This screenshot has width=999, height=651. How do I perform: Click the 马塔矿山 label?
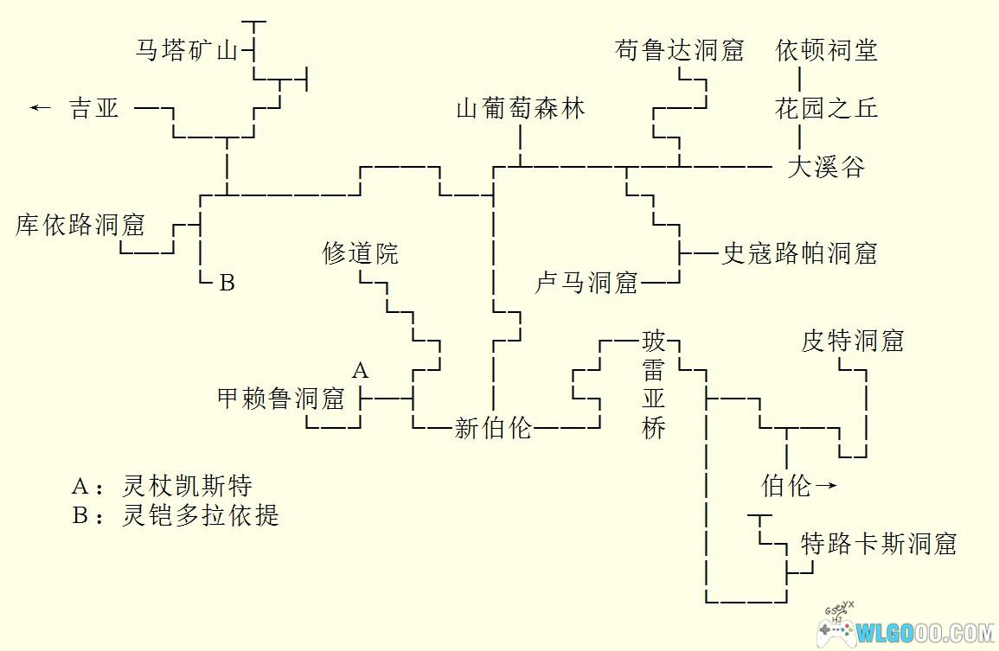[x=188, y=49]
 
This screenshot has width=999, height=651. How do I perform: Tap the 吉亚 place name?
[x=94, y=108]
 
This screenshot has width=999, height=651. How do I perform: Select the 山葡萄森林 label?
[x=522, y=108]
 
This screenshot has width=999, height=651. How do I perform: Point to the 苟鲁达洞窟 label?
[x=679, y=49]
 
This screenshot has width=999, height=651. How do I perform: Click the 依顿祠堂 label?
[x=826, y=49]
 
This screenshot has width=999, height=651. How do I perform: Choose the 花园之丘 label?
[x=826, y=108]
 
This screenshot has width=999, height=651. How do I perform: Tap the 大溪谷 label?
[x=826, y=166]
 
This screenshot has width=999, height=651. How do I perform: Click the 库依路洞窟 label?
[x=80, y=224]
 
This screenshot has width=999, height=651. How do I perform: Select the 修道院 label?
[x=361, y=253]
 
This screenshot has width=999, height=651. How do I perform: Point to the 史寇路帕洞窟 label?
[x=799, y=253]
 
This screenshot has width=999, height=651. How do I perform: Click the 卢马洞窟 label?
[x=586, y=282]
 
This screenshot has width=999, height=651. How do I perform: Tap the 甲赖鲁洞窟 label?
[x=281, y=398]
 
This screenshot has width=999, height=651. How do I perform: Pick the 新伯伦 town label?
[x=493, y=427]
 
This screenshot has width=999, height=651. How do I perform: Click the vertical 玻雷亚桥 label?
[x=654, y=384]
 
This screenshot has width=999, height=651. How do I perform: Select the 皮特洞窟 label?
[x=853, y=341]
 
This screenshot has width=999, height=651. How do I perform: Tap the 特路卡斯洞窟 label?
[x=879, y=543]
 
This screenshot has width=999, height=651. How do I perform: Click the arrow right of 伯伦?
[x=826, y=485]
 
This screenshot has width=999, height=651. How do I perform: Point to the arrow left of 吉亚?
[x=40, y=107]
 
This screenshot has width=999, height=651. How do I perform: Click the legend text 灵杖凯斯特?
[x=188, y=486]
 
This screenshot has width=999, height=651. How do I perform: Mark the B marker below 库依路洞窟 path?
[x=227, y=282]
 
